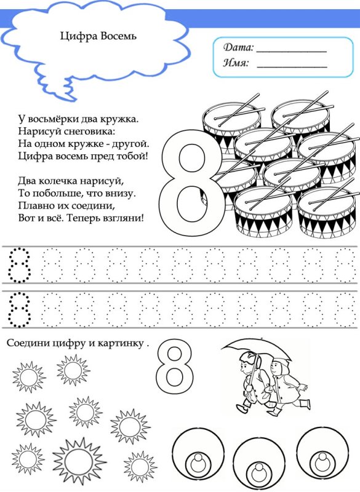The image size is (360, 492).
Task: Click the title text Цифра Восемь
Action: tap(98, 36)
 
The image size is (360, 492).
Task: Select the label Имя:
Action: tap(236, 63)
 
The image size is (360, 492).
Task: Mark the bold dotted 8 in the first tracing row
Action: tap(18, 265)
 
